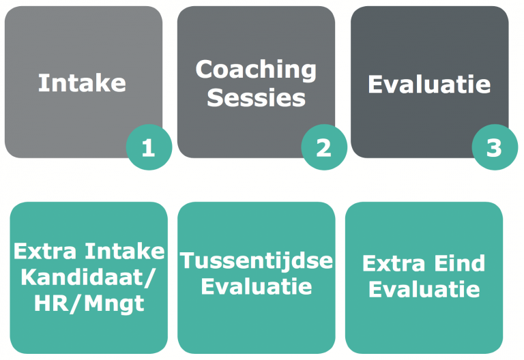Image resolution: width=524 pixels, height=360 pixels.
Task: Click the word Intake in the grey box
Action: coord(82,82)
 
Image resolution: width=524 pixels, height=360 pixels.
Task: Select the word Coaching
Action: coord(256,70)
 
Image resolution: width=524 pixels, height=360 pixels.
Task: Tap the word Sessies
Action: coord(256,97)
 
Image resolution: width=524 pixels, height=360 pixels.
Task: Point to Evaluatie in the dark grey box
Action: coord(429,84)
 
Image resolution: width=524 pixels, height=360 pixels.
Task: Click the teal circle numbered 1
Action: coord(149,147)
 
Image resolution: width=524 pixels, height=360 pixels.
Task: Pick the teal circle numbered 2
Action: coord(324,147)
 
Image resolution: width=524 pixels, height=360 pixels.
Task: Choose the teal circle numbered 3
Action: coord(495,147)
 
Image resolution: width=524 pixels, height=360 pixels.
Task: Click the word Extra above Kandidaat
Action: coord(45,251)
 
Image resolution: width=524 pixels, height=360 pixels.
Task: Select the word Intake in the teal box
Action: coord(125,251)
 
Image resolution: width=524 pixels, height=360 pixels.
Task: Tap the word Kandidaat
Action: coord(83,277)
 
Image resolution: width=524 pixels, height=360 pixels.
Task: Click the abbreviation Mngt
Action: coord(115,304)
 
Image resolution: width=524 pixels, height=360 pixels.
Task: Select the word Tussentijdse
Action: coord(257,260)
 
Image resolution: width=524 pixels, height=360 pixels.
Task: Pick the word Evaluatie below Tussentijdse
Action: coord(257,286)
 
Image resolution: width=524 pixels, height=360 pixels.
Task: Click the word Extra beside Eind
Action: coord(394,263)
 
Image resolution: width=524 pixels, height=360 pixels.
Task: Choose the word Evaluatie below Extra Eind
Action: coord(424,289)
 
